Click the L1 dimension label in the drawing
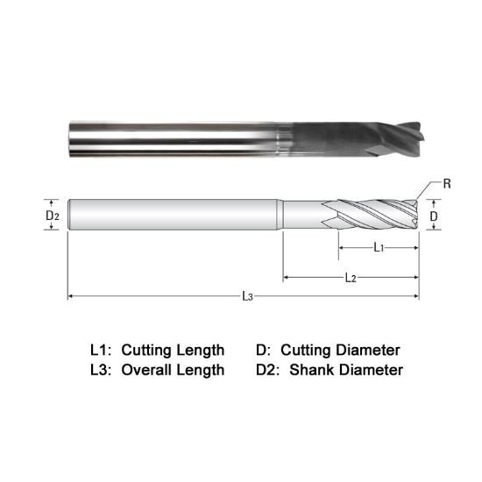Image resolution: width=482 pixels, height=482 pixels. click(x=378, y=248)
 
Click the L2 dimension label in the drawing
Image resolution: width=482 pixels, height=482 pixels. click(x=350, y=278)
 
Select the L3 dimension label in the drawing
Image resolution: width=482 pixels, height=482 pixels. click(x=248, y=297)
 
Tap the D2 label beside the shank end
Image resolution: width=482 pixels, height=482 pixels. click(x=53, y=215)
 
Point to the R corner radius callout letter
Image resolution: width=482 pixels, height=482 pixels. click(x=447, y=184)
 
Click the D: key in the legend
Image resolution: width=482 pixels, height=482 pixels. click(x=263, y=350)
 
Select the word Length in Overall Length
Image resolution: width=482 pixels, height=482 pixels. click(x=201, y=370)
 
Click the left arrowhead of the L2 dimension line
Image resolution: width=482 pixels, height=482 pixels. click(x=286, y=278)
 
